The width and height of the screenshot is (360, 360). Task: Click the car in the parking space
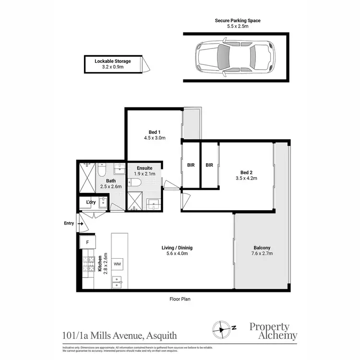(234, 59)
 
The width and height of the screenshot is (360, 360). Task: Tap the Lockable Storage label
(113, 61)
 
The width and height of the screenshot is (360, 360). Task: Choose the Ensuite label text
(144, 168)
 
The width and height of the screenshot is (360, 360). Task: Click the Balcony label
(263, 248)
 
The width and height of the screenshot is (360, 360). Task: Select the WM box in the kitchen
(118, 264)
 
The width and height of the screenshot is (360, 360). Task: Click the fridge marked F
(87, 243)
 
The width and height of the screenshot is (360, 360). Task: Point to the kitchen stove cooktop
(89, 264)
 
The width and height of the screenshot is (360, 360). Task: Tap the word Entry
(69, 223)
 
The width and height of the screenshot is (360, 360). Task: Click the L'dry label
(90, 202)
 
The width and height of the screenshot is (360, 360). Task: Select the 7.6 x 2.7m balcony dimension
(263, 254)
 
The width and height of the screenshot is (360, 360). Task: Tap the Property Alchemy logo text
(273, 331)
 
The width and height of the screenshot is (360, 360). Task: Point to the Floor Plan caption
(180, 299)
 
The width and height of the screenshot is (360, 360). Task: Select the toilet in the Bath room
(101, 170)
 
